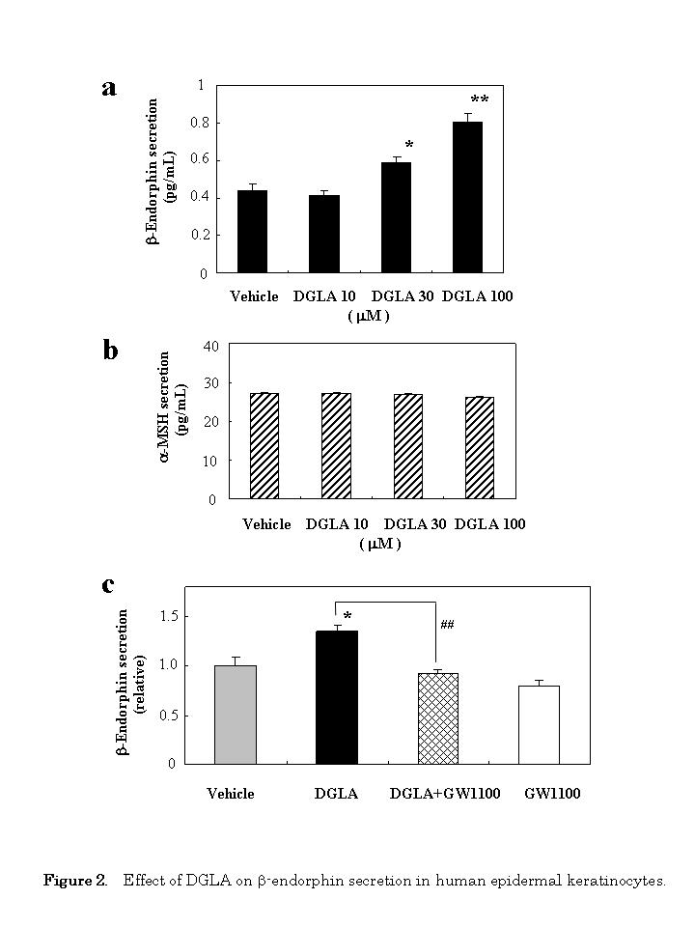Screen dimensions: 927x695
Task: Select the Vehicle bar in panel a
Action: (x=252, y=232)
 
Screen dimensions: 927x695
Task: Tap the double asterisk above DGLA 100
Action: (x=479, y=101)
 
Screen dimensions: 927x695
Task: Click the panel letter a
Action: (x=109, y=88)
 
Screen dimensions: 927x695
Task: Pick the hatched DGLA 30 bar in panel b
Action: (x=407, y=446)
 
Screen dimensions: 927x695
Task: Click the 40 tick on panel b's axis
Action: (x=211, y=347)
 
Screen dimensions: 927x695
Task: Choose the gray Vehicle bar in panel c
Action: (x=235, y=715)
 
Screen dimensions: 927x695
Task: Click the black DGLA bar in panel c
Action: (x=336, y=697)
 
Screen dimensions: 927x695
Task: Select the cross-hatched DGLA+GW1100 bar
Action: (x=437, y=718)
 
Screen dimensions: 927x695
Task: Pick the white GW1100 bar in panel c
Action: (x=539, y=724)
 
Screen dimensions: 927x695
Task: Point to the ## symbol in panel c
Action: (x=447, y=625)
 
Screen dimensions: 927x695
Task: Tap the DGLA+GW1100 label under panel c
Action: (x=438, y=794)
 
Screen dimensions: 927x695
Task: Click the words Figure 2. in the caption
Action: (x=75, y=881)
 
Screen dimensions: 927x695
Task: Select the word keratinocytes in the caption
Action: (x=618, y=881)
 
